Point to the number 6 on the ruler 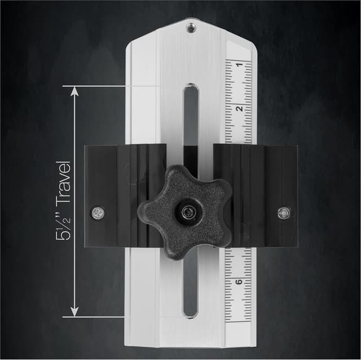coord(239,281)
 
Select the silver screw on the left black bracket coord(97,213)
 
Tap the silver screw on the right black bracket coord(284,213)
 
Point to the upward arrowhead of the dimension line coord(73,90)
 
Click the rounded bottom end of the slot coord(191,311)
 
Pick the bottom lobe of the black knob coord(176,248)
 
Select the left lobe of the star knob coord(147,212)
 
